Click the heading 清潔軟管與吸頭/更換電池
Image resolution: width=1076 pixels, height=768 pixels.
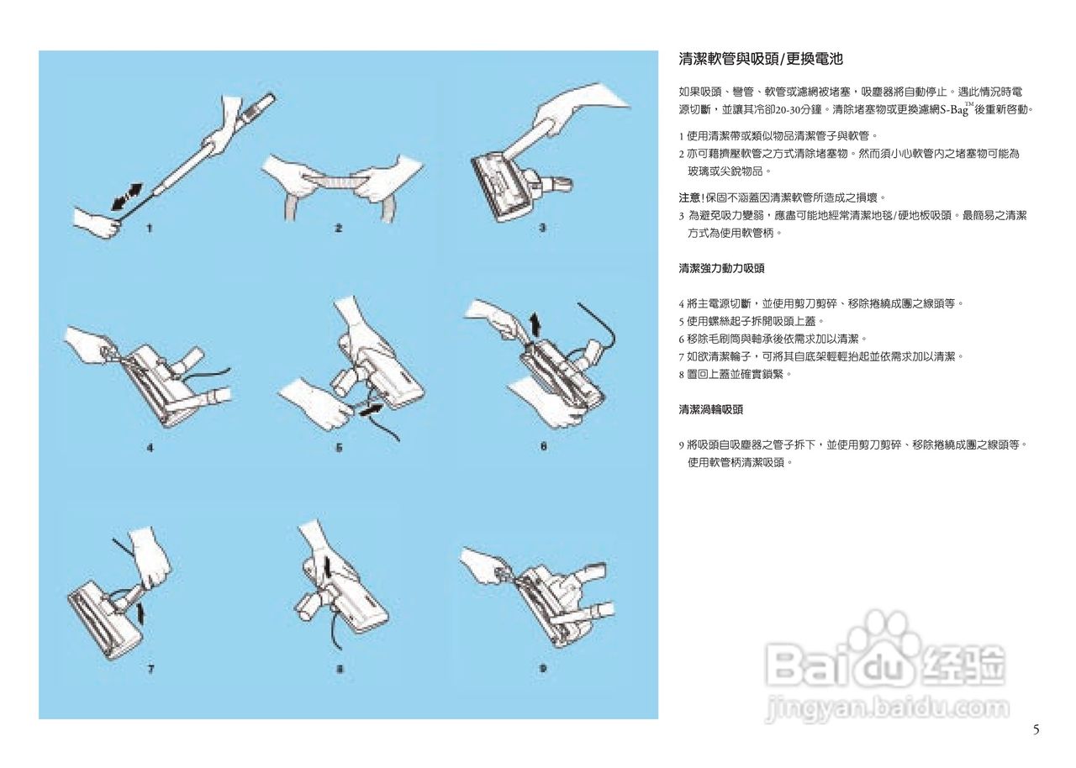[760, 59]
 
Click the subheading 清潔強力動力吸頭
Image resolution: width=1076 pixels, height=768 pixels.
[721, 268]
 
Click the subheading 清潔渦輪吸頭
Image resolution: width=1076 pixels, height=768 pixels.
[711, 409]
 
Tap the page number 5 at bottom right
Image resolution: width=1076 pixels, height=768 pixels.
[1036, 729]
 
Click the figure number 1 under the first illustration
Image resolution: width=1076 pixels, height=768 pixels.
[148, 228]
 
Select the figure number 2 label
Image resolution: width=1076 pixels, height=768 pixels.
[338, 228]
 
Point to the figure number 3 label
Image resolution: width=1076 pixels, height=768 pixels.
[543, 228]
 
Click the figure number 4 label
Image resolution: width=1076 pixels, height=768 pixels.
[150, 448]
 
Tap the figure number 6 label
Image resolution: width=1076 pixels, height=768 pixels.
[543, 446]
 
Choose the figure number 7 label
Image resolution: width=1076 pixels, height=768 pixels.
[150, 669]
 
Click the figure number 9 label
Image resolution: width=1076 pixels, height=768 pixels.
[543, 669]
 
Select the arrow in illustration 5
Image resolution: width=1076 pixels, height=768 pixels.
[377, 408]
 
